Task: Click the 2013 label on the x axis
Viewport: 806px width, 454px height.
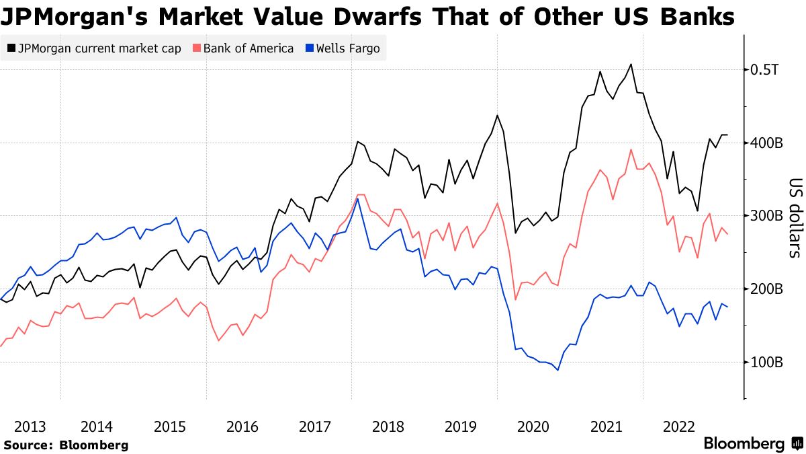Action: coord(30,426)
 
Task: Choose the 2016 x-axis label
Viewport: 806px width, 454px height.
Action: coord(242,426)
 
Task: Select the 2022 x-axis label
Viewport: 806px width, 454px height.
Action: coord(679,426)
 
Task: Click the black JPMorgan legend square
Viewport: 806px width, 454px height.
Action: coord(11,48)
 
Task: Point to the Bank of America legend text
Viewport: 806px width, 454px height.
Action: coord(249,48)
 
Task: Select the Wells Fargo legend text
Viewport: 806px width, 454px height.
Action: coord(348,48)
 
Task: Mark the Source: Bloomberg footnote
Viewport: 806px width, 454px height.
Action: coord(66,445)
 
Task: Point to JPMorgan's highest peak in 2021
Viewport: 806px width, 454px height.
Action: coord(631,65)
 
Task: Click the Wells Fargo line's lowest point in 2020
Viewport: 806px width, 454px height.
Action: coord(557,370)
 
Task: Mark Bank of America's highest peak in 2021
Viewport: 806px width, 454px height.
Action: coord(631,150)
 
